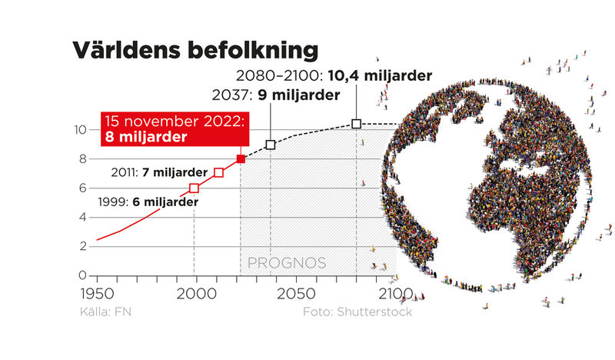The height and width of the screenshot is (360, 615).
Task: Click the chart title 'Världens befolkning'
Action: tap(194, 50)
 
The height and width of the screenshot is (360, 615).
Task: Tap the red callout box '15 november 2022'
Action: tap(174, 129)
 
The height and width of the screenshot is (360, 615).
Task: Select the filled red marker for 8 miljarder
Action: tap(241, 159)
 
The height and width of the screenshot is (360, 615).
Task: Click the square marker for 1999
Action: tap(194, 188)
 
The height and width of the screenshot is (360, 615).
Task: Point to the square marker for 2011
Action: tap(218, 172)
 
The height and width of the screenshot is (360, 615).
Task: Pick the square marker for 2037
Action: tap(271, 145)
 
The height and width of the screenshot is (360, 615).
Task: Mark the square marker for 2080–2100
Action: tap(356, 124)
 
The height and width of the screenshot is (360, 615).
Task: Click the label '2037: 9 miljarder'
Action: tap(274, 95)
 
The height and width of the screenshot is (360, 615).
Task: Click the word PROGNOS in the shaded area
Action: tap(286, 263)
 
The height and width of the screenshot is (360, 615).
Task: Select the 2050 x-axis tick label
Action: tap(294, 294)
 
